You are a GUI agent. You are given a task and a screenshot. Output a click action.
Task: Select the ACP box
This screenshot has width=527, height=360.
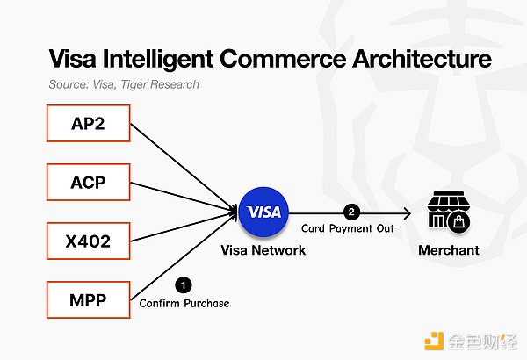89,184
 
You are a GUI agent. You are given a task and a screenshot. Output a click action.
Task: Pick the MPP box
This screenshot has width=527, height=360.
89,300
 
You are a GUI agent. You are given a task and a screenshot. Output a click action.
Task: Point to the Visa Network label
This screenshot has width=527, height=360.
263,250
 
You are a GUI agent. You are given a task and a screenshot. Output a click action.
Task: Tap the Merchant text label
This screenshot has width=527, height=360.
449,250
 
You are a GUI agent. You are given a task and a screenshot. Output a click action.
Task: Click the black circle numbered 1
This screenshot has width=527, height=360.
183,284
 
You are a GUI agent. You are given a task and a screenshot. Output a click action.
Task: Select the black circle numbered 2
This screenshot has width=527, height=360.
351,212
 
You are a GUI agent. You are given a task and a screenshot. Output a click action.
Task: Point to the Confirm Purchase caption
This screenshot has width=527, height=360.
184,303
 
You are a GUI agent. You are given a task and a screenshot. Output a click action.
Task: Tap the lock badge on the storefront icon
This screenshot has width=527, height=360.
458,222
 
